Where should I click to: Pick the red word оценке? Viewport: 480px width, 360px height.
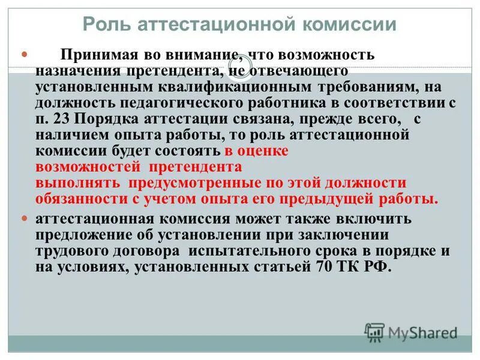(263, 151)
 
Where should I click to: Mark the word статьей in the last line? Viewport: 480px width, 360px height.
(278, 268)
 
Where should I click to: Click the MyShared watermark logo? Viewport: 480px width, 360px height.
(412, 332)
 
